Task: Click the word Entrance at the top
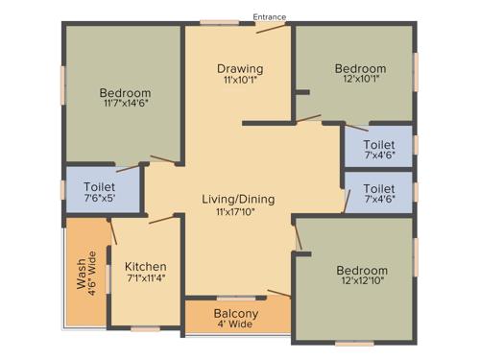coord(269,16)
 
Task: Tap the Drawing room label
coord(240,69)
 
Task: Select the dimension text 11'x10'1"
coord(240,81)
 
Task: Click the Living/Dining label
coord(238,200)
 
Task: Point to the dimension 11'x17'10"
coord(238,212)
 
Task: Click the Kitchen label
coord(146,266)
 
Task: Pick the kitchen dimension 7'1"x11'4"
coord(146,278)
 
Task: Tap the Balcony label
coord(235,314)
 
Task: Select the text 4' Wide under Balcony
coord(235,325)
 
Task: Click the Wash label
coord(81,272)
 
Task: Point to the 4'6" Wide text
coord(93,272)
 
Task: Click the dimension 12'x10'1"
coord(360,81)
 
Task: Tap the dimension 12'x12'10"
coord(362,283)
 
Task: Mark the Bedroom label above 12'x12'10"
coord(362,271)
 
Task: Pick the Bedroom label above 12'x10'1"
coord(360,69)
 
